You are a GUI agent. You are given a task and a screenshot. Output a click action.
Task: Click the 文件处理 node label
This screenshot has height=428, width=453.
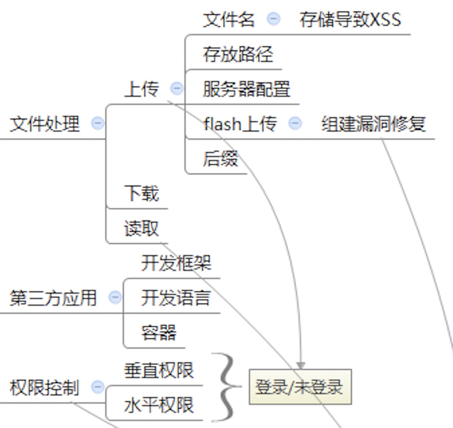44,124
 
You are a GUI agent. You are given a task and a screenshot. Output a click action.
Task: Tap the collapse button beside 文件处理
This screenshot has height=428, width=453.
98,124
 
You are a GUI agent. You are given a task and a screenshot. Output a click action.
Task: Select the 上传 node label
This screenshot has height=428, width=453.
141,89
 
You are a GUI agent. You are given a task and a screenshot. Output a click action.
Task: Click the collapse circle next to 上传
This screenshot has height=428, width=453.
177,88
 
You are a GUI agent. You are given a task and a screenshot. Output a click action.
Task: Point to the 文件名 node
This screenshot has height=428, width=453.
229,19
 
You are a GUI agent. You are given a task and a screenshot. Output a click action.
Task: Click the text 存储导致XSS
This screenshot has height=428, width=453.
350,19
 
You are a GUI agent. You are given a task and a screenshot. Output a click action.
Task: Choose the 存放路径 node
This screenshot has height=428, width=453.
238,54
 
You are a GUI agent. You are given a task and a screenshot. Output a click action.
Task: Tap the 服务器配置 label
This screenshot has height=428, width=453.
247,89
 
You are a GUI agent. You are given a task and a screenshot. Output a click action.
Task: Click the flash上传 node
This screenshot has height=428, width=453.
240,124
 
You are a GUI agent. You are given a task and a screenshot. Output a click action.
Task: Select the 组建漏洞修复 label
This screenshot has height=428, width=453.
374,124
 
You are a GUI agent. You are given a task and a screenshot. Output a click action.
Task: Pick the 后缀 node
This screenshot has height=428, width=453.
220,159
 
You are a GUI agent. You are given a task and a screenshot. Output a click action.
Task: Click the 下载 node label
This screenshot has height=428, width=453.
141,193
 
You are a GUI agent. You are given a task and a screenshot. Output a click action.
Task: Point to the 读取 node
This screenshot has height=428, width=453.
141,229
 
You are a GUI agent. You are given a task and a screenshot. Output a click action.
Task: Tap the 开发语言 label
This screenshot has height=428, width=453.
175,298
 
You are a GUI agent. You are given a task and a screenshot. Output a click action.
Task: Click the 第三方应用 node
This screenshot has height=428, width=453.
53,299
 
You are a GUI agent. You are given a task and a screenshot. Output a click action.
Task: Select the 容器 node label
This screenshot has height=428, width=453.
159,333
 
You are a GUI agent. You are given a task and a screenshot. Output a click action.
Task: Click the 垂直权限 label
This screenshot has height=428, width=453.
159,370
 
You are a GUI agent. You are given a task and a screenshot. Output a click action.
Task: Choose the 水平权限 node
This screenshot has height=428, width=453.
159,405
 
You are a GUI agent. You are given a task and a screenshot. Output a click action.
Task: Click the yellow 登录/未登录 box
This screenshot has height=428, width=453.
300,387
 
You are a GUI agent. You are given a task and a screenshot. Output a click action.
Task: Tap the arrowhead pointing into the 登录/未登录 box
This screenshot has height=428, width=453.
300,365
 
